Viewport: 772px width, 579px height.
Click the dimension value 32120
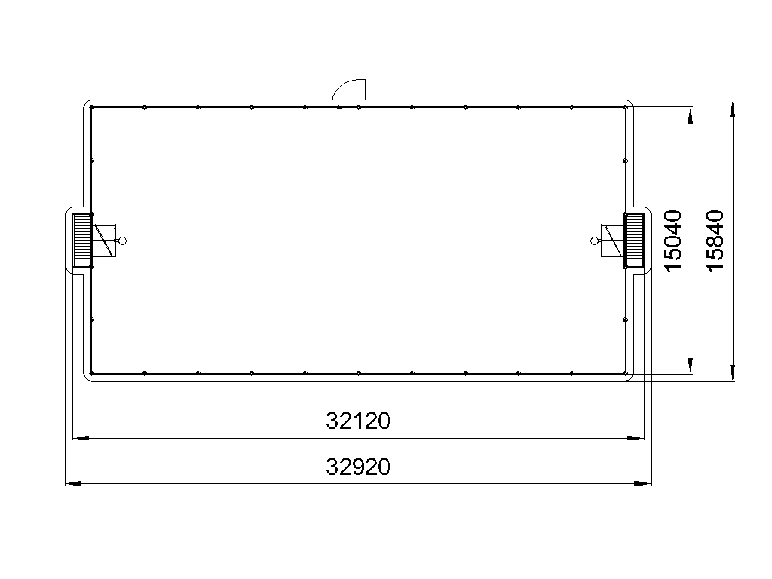[x=358, y=421]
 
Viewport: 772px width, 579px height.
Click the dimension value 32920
[x=358, y=467]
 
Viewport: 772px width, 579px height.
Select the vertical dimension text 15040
[x=673, y=240]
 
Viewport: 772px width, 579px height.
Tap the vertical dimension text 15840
[x=715, y=240]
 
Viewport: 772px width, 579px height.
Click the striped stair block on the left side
[x=81, y=240]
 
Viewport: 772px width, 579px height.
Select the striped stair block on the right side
[x=634, y=240]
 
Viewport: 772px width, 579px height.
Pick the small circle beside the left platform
[x=123, y=240]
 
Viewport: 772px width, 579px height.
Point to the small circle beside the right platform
[x=594, y=240]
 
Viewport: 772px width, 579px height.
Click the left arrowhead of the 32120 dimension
[x=81, y=438]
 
